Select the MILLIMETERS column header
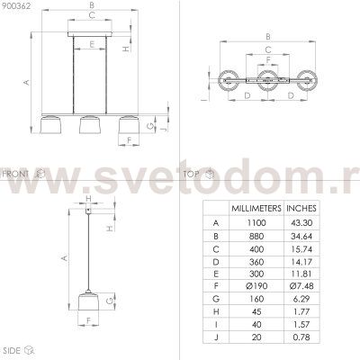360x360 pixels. point(256,207)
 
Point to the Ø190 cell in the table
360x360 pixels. point(256,283)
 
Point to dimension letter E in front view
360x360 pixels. point(88,44)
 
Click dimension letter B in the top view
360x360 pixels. point(267,37)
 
